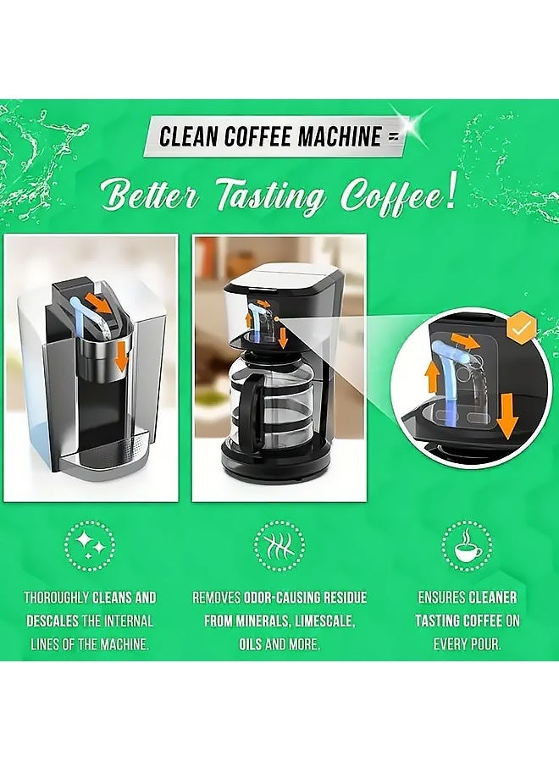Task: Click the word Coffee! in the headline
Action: pos(399,196)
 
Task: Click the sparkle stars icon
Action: pos(90,544)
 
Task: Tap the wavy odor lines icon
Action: pos(279,544)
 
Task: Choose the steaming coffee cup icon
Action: pos(468,544)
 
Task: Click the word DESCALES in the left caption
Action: pos(52,621)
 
